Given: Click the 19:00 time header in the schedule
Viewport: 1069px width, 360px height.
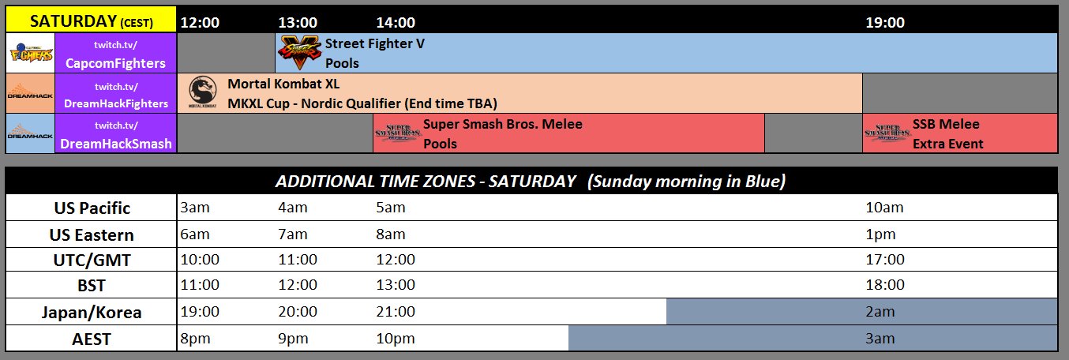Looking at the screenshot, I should (885, 23).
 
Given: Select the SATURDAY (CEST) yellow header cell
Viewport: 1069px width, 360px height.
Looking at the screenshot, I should (91, 22).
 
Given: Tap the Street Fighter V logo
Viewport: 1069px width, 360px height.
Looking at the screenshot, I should (298, 53).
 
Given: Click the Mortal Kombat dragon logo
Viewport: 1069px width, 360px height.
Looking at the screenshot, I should (202, 92).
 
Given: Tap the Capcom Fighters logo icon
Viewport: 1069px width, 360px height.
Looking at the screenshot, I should (30, 54).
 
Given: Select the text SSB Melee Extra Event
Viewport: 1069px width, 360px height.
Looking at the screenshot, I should (947, 134).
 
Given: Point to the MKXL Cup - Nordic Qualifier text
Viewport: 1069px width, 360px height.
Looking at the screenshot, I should (362, 103).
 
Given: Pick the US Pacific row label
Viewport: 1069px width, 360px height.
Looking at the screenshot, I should (92, 208).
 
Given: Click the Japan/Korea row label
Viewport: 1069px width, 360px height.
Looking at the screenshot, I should (92, 313).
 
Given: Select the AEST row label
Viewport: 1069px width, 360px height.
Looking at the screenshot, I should (92, 339).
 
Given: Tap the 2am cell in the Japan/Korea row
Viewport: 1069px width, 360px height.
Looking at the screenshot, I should (880, 312).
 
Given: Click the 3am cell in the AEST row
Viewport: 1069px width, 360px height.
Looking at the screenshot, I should (880, 339).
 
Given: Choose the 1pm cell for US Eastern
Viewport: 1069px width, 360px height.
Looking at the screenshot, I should (880, 234).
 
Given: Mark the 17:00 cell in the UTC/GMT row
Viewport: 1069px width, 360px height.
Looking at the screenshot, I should (885, 260).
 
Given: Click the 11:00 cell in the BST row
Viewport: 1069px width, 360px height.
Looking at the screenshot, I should (200, 285).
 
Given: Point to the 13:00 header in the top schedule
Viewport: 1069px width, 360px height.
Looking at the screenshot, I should (298, 23).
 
